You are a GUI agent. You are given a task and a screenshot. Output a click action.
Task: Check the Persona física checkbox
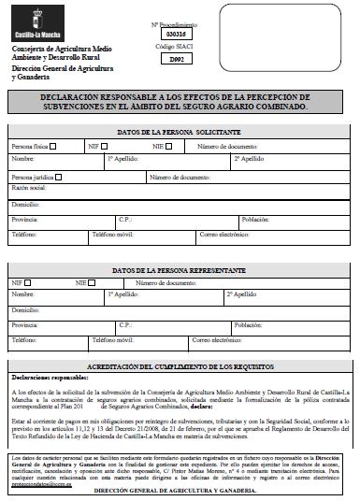(53, 146)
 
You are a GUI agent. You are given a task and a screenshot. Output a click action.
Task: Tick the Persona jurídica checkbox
(58, 176)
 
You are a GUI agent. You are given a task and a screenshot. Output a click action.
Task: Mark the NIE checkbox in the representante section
(96, 280)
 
